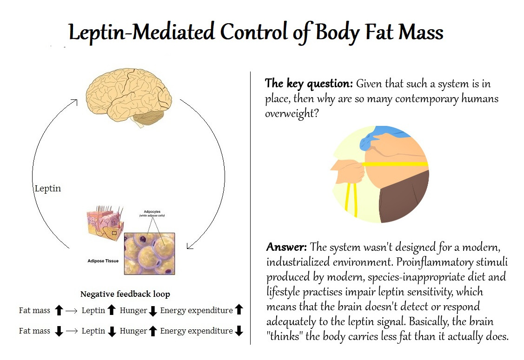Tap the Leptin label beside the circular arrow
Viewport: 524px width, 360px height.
tap(48, 189)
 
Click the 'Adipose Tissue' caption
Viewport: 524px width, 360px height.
tap(103, 261)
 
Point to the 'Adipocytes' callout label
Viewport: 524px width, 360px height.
tap(152, 211)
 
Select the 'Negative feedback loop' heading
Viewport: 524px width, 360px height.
tap(125, 294)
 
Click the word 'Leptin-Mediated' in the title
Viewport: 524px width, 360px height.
tap(141, 33)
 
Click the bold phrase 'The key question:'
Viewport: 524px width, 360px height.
tap(309, 84)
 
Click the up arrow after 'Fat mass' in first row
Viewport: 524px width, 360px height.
tap(59, 310)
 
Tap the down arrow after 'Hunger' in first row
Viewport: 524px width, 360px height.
tap(153, 311)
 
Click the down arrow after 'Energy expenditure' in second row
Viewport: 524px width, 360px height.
tap(239, 331)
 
